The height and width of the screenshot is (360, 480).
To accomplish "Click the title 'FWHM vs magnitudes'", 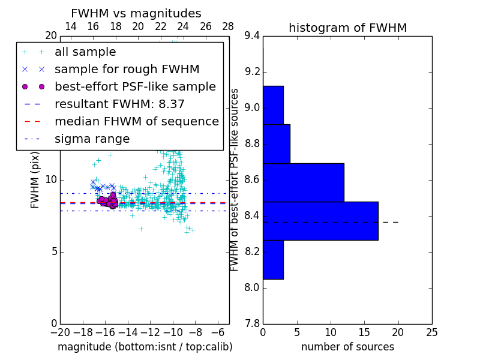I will (x=136, y=13).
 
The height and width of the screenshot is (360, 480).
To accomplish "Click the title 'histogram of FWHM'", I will (x=347, y=28).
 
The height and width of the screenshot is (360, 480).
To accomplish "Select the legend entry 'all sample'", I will (x=85, y=52).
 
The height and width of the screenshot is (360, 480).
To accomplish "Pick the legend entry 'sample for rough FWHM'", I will (x=127, y=70).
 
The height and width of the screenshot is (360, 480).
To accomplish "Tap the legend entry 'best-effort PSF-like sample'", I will (x=135, y=87).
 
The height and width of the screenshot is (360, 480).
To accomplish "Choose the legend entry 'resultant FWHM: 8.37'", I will (x=119, y=104).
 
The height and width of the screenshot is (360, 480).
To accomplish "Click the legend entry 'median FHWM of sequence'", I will (x=136, y=122).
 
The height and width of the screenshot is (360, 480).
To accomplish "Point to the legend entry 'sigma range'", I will (x=92, y=139).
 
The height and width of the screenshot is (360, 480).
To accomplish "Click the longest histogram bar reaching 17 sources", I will (x=320, y=221).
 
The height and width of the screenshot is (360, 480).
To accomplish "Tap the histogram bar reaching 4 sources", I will (x=277, y=144).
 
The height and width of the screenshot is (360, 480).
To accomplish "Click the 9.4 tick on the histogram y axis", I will (x=253, y=36).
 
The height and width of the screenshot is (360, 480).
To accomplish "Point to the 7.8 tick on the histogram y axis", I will (x=253, y=323).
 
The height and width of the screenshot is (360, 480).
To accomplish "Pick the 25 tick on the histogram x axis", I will (x=432, y=332).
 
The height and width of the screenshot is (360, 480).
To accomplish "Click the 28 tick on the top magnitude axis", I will (x=229, y=26).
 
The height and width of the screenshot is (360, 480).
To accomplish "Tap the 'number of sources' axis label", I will (x=347, y=347).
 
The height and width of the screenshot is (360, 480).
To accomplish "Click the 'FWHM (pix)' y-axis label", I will (x=35, y=180).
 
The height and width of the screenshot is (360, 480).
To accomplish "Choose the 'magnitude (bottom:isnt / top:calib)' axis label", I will (x=145, y=347).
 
